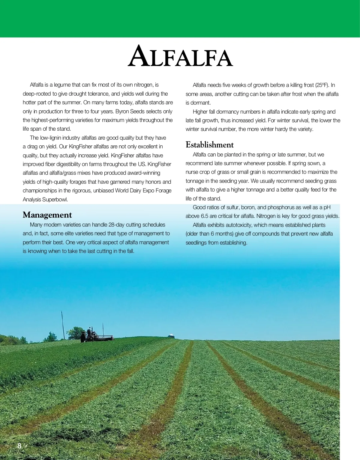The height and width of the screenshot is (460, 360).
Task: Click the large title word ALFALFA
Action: [180, 56]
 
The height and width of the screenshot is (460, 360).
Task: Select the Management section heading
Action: [47, 215]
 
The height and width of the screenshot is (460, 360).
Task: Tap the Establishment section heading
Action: [209, 145]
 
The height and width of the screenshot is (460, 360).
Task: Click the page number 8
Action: [19, 446]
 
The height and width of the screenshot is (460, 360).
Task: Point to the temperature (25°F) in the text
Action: [322, 85]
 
